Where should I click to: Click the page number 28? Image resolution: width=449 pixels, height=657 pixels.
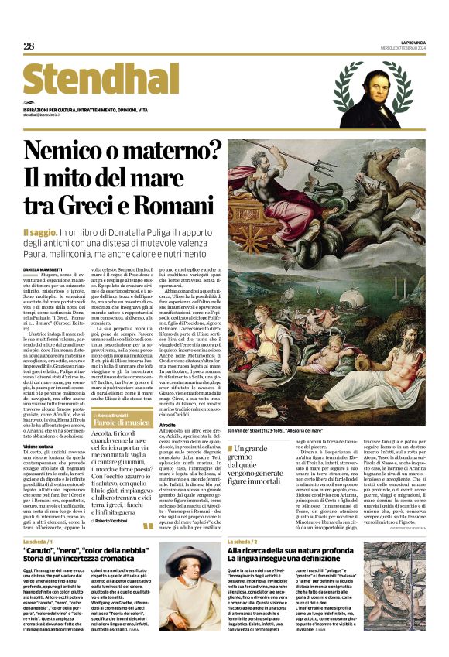pyautogui.click(x=29, y=46)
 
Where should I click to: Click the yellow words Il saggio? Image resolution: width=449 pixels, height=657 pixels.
pyautogui.click(x=39, y=232)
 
